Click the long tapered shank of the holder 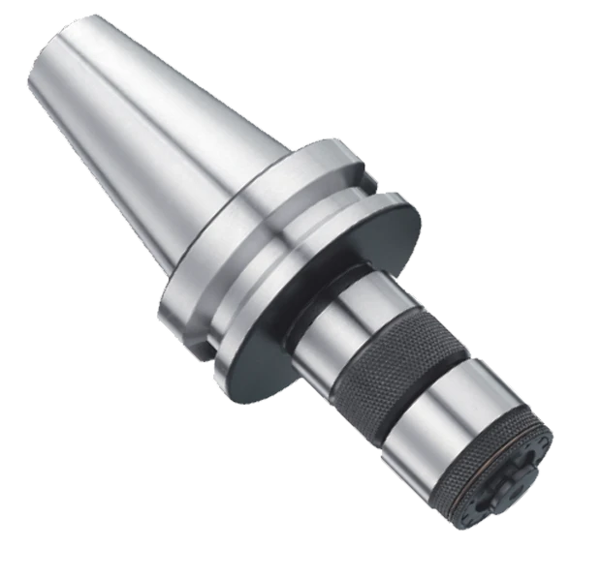point(145,145)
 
